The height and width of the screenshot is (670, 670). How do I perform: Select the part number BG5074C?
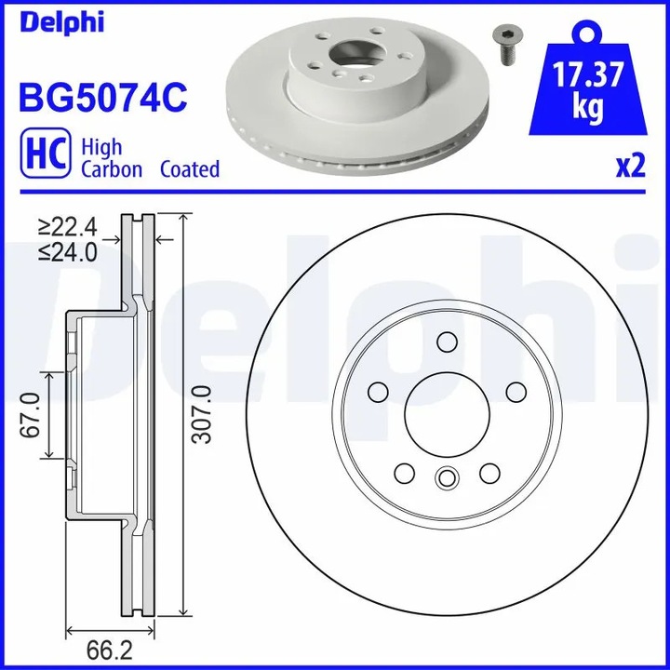pos(103,96)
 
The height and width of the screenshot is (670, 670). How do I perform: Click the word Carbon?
pos(112,169)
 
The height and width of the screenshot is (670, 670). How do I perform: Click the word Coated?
pos(189,169)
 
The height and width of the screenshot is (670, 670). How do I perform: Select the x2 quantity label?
pos(629,167)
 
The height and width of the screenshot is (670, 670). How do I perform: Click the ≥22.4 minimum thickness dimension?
pos(69,225)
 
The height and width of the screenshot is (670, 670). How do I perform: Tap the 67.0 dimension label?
pos(31,415)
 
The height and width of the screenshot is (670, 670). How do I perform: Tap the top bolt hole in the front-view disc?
pos(446,345)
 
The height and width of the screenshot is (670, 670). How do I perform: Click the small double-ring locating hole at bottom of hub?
pos(446,479)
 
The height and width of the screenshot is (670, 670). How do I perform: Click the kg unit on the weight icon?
pos(586,110)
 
